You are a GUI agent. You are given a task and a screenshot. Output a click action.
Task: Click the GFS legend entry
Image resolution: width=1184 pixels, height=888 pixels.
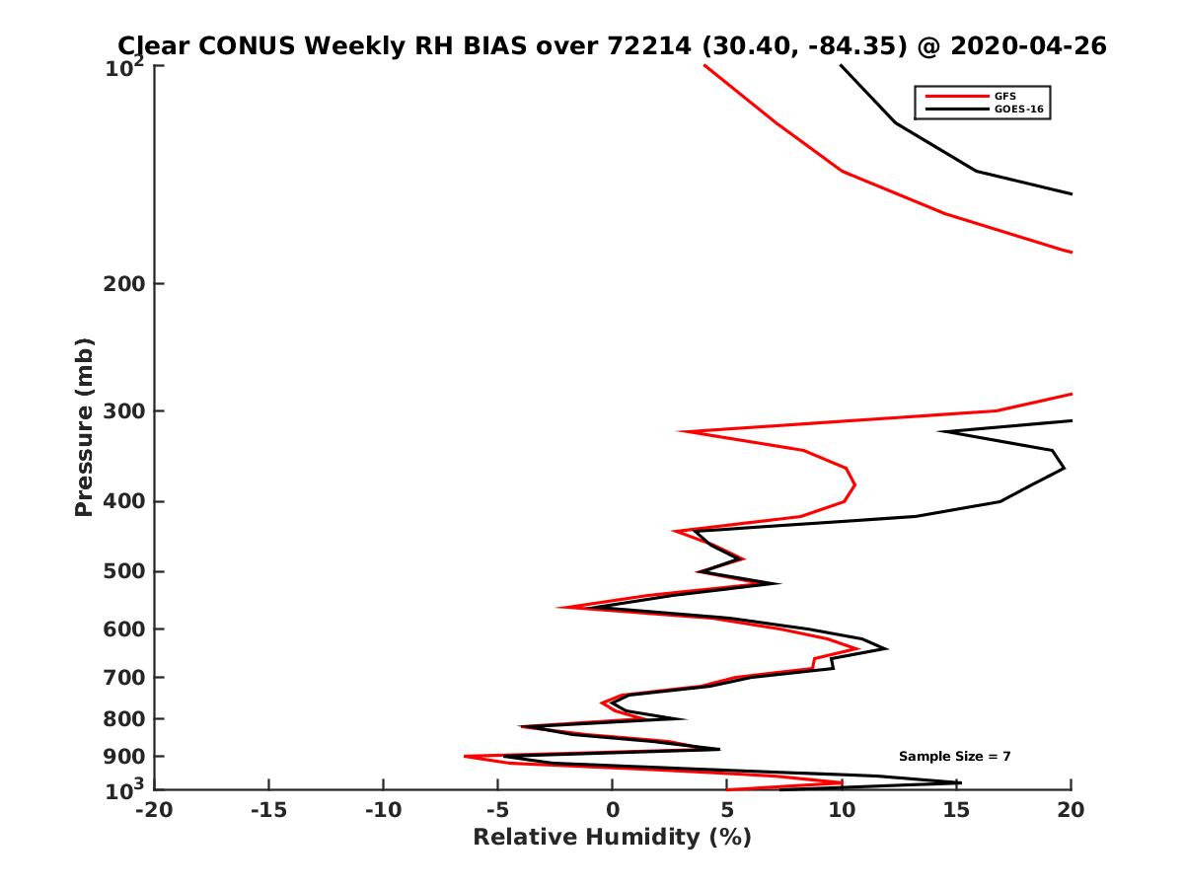tap(1005, 96)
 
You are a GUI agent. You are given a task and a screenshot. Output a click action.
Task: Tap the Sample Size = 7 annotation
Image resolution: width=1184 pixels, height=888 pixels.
tap(954, 756)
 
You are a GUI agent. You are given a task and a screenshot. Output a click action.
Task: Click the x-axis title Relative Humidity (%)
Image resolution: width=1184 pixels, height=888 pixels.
tap(612, 838)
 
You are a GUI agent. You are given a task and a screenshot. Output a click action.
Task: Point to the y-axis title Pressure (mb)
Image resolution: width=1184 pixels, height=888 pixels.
tap(84, 426)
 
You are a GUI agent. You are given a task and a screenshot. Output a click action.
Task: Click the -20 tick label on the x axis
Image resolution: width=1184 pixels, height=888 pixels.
tap(154, 810)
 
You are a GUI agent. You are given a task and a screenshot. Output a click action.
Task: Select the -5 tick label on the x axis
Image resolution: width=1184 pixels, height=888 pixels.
tap(497, 810)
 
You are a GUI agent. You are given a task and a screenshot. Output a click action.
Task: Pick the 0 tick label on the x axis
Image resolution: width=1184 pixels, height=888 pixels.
tap(613, 810)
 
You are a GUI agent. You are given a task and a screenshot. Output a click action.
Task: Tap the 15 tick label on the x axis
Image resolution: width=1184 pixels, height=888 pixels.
tap(956, 810)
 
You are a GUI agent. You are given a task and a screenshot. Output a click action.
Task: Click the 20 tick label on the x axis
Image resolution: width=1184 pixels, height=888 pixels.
tap(1071, 810)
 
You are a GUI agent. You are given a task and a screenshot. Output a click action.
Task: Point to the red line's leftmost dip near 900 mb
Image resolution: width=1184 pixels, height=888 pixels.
tap(465, 757)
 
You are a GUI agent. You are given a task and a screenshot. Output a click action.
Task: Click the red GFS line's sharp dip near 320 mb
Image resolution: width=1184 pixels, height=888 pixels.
tap(679, 431)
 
